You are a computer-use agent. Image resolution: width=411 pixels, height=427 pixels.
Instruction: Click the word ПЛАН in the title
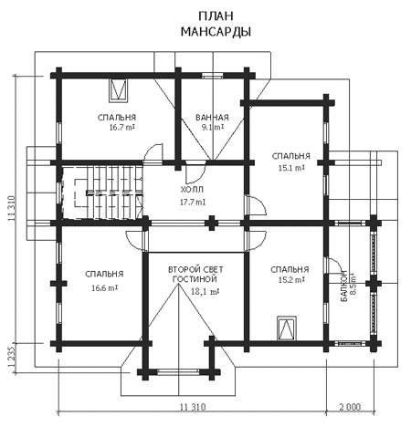pyautogui.click(x=216, y=16)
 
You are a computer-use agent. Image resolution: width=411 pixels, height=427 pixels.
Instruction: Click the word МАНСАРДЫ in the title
pyautogui.click(x=216, y=32)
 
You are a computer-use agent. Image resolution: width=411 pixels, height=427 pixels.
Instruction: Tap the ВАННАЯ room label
pyautogui.click(x=212, y=118)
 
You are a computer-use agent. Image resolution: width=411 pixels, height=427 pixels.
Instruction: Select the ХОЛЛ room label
pyautogui.click(x=192, y=190)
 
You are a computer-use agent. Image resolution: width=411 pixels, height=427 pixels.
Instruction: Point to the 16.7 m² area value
pyautogui.click(x=122, y=127)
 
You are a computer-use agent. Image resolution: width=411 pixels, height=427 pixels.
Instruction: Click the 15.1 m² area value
pyautogui.click(x=291, y=168)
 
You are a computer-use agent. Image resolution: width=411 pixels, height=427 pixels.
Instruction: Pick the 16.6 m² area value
pyautogui.click(x=105, y=287)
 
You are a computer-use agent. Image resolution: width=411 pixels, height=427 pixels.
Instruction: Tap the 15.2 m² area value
pyautogui.click(x=291, y=279)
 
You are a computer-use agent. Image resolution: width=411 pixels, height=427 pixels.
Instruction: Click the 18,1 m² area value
pyautogui.click(x=205, y=291)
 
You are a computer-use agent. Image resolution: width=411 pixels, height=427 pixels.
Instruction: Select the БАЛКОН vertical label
pyautogui.click(x=344, y=286)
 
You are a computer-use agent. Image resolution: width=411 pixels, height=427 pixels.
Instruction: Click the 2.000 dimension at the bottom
pyautogui.click(x=350, y=407)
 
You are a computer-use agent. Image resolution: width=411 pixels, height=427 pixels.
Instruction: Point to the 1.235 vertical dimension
pyautogui.click(x=12, y=357)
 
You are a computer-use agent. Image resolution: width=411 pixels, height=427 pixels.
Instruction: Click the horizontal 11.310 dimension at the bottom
pyautogui.click(x=193, y=407)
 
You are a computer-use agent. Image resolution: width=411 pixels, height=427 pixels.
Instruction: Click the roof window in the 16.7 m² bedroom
pyautogui.click(x=118, y=90)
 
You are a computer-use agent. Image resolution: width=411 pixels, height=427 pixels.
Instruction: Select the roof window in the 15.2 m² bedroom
pyautogui.click(x=287, y=328)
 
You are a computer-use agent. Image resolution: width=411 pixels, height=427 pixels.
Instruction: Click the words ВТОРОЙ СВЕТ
pyautogui.click(x=195, y=269)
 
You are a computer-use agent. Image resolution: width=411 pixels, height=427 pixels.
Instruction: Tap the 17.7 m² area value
pyautogui.click(x=193, y=202)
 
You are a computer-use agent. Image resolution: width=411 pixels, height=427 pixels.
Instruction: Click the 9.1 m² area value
pyautogui.click(x=213, y=127)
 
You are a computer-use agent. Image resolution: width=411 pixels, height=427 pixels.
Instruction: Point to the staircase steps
pyautogui.click(x=102, y=193)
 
